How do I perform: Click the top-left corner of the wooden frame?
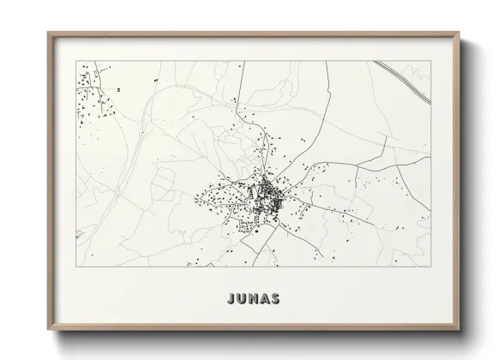pyautogui.click(x=47, y=33)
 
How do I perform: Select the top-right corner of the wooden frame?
pyautogui.click(x=459, y=33)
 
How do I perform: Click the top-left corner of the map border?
pyautogui.click(x=76, y=61)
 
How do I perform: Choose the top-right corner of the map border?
pyautogui.click(x=429, y=61)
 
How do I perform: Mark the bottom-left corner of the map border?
pyautogui.click(x=76, y=267)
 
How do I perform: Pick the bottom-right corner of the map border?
pyautogui.click(x=429, y=267)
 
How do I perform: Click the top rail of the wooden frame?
pyautogui.click(x=253, y=34)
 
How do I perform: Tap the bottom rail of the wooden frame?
pyautogui.click(x=253, y=326)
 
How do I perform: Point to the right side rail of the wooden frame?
pyautogui.click(x=457, y=180)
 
